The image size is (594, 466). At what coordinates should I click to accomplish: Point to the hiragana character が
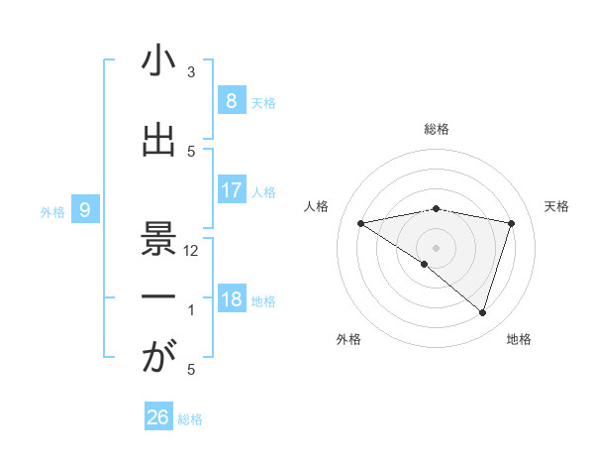[x=158, y=358]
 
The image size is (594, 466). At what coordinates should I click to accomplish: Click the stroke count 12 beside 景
[x=191, y=251]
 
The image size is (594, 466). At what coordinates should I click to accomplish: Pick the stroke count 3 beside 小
[x=191, y=72]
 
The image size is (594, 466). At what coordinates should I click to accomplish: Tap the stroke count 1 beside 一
[x=191, y=310]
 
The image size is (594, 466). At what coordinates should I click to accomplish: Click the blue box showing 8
[x=231, y=100]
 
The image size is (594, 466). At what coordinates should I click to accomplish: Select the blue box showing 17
[x=231, y=189]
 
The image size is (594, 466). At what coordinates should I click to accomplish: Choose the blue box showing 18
[x=231, y=299]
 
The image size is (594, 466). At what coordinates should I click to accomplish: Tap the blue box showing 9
[x=85, y=209]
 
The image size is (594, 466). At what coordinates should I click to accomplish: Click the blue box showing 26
[x=157, y=417]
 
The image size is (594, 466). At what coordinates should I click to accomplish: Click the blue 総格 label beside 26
[x=190, y=419]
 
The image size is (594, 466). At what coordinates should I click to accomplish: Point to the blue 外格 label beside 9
[x=51, y=211]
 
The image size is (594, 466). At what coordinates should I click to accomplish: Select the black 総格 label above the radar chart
[x=437, y=130]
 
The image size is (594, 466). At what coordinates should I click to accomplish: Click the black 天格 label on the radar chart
[x=557, y=206]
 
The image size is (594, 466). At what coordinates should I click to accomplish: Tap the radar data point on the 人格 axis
[x=361, y=223]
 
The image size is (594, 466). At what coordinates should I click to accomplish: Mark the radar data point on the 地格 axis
[x=482, y=312]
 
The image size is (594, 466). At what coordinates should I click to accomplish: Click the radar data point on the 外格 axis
[x=424, y=264]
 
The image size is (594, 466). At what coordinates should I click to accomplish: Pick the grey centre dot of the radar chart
[x=437, y=247]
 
